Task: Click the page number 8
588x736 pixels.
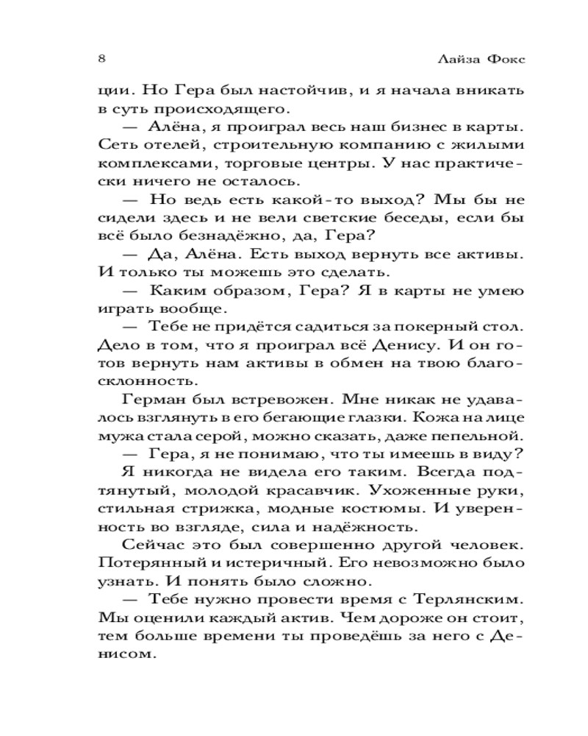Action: [x=101, y=58]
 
